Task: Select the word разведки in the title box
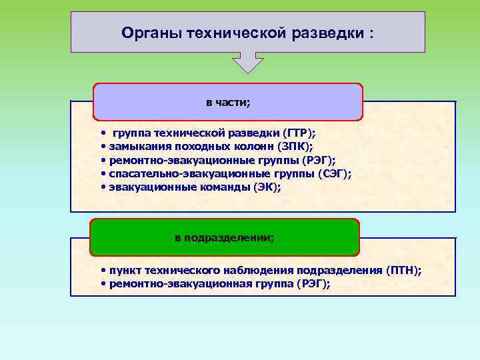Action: click(325, 32)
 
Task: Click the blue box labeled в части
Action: click(228, 102)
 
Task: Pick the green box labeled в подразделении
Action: click(225, 237)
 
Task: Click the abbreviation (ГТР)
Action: click(300, 133)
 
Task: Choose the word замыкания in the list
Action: click(136, 146)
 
